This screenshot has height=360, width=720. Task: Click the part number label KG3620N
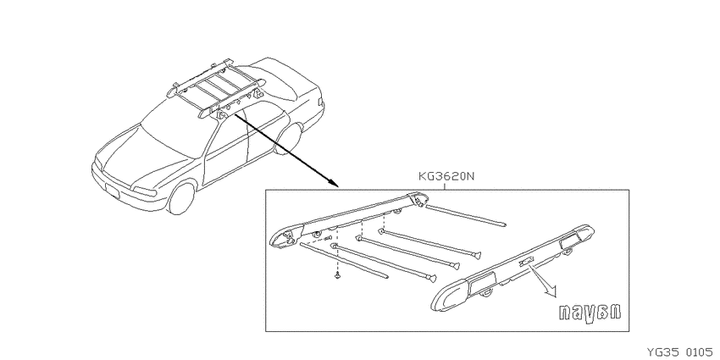446,176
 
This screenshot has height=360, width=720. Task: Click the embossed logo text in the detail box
590,313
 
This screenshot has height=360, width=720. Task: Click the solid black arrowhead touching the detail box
334,183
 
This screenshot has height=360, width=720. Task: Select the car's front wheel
181,197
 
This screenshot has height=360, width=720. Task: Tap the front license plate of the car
113,190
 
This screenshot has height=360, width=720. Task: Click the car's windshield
171,130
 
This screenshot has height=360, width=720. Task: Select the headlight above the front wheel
145,191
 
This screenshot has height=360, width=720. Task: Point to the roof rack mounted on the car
216,90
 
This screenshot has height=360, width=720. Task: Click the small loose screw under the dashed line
337,276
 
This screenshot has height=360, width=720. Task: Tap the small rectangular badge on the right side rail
526,263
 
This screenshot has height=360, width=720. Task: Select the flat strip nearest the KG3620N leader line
465,216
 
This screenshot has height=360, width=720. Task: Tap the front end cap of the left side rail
284,235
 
